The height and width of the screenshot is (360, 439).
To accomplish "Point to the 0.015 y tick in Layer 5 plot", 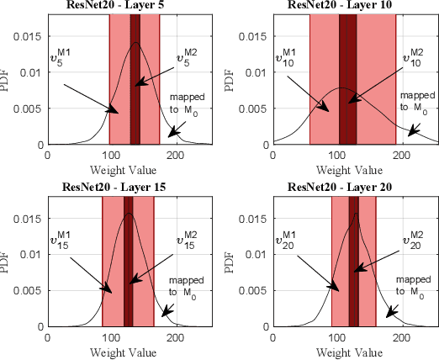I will (29, 35).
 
